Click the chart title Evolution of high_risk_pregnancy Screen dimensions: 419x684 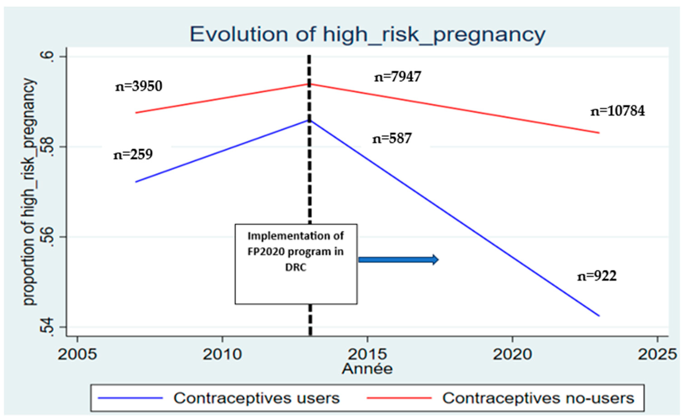click(x=367, y=35)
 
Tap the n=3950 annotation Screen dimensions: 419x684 click(x=139, y=86)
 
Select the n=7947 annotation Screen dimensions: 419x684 click(x=398, y=77)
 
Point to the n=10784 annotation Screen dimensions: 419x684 click(x=617, y=111)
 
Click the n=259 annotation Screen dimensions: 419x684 click(x=133, y=154)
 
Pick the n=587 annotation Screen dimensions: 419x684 click(x=392, y=138)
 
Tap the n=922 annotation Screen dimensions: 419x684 click(x=597, y=276)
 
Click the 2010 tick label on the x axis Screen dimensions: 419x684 click(x=222, y=354)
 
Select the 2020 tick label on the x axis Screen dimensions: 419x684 click(x=512, y=354)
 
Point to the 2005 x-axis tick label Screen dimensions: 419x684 click(x=77, y=354)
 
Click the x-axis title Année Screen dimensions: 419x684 click(x=367, y=369)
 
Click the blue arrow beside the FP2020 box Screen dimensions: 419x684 click(x=398, y=260)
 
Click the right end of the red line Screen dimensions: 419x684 click(x=599, y=133)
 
